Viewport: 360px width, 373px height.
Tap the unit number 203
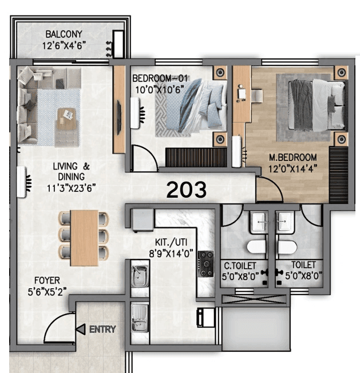point(186,190)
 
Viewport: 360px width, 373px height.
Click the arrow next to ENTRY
point(81,329)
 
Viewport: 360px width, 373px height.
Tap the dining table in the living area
point(84,237)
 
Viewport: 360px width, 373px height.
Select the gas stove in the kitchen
point(205,263)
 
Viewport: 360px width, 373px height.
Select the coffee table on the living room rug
point(68,121)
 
